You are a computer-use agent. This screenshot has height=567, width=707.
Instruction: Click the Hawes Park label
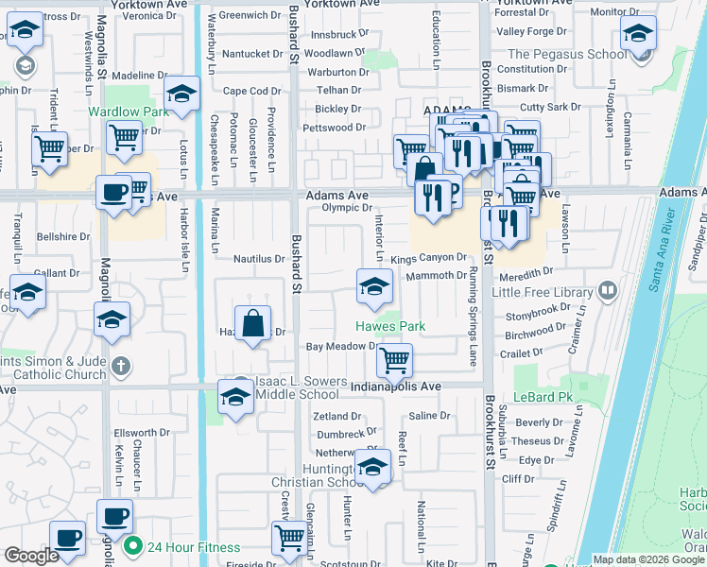point(390,326)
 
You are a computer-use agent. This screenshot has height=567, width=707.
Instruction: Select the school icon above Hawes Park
point(374,286)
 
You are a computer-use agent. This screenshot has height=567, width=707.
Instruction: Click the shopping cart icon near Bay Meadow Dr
point(393,359)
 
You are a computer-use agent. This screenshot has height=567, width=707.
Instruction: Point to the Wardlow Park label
point(128,112)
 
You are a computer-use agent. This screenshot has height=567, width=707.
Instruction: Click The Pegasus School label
point(566,54)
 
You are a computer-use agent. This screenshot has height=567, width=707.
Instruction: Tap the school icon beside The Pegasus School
point(638,35)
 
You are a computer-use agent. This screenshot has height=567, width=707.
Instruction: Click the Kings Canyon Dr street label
point(428,257)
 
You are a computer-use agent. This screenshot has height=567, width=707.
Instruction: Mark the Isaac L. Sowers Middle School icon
point(234,396)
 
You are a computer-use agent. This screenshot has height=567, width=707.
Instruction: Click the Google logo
point(32,556)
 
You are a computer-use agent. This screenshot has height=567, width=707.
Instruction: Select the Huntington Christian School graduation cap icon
point(373,468)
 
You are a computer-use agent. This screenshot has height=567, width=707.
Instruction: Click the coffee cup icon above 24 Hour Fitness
point(114,516)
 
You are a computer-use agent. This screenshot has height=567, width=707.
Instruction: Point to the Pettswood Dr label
point(334,128)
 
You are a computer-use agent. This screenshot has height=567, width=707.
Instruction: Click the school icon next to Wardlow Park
point(181,94)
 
